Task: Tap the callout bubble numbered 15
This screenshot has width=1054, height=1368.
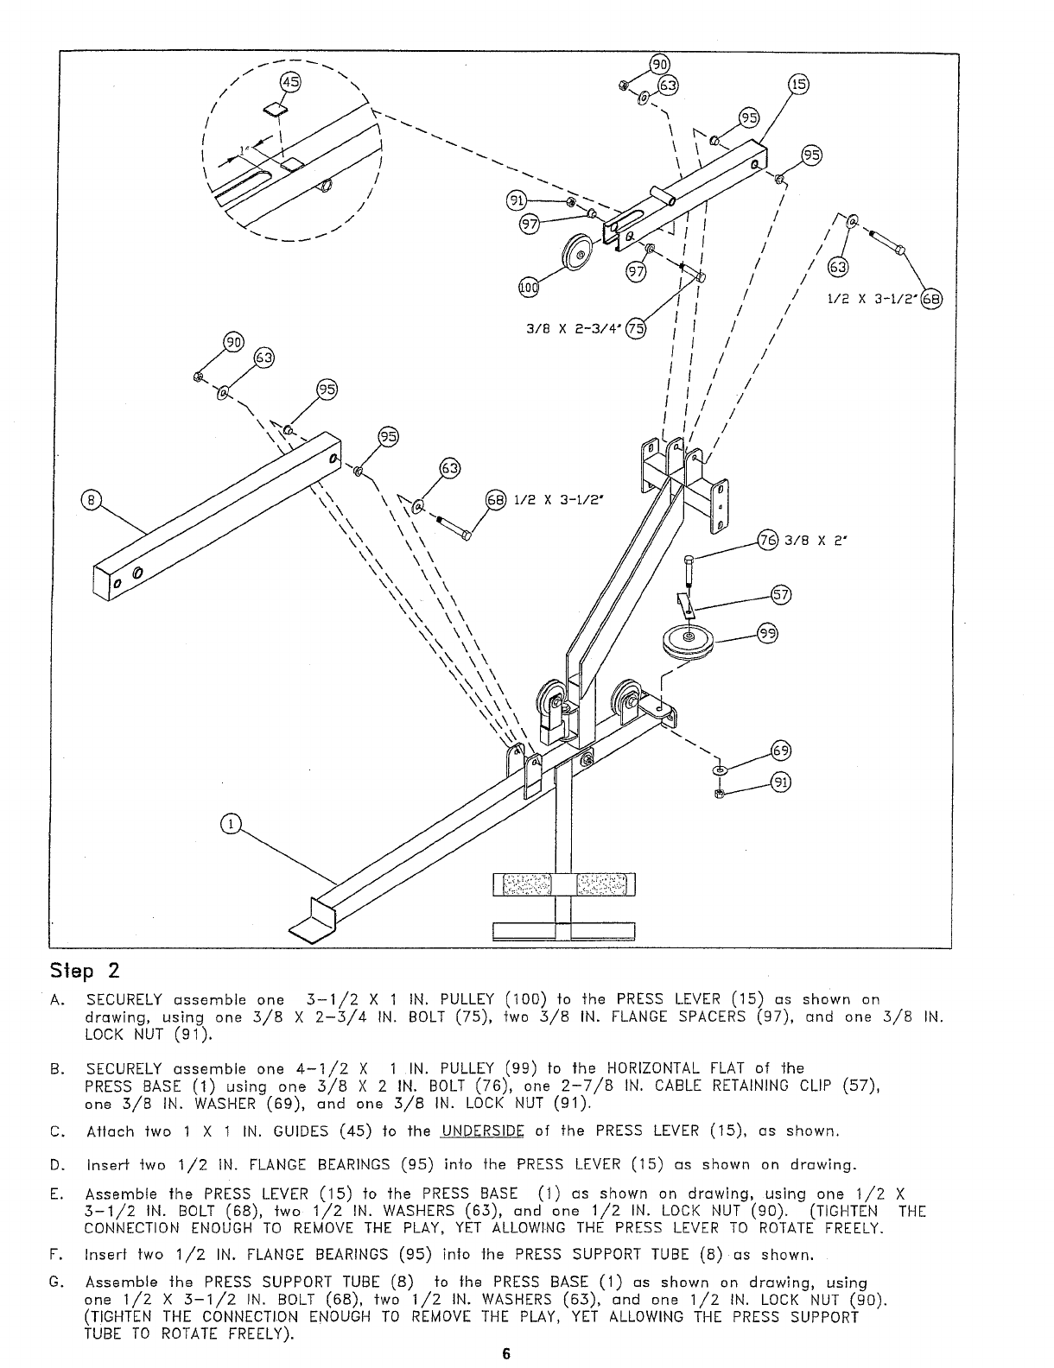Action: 799,85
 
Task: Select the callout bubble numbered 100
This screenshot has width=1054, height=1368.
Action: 528,288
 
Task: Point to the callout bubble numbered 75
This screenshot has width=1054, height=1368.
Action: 635,327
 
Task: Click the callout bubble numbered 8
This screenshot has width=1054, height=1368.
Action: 88,499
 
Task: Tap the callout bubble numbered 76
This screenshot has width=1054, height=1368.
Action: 767,540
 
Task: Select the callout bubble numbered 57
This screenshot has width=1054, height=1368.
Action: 779,595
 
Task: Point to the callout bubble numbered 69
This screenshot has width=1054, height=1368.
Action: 780,750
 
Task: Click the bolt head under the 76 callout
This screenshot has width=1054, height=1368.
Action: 688,561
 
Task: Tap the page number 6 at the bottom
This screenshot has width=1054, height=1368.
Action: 507,1354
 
